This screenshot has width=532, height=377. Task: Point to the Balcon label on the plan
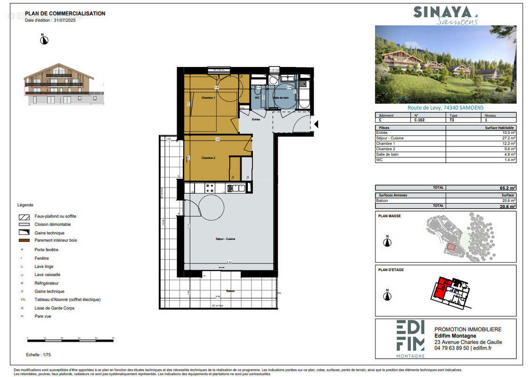(230, 291)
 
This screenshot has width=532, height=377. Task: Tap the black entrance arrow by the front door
(316, 124)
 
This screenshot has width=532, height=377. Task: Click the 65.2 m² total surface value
(508, 188)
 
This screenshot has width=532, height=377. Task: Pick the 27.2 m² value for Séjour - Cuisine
(508, 138)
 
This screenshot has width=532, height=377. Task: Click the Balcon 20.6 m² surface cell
(508, 200)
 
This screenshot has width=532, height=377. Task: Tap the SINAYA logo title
(442, 12)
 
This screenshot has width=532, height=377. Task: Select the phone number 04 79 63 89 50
(451, 348)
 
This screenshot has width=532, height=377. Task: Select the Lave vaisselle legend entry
(47, 275)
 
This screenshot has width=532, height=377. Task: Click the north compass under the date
(44, 40)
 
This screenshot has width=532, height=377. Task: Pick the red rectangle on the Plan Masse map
(451, 246)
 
